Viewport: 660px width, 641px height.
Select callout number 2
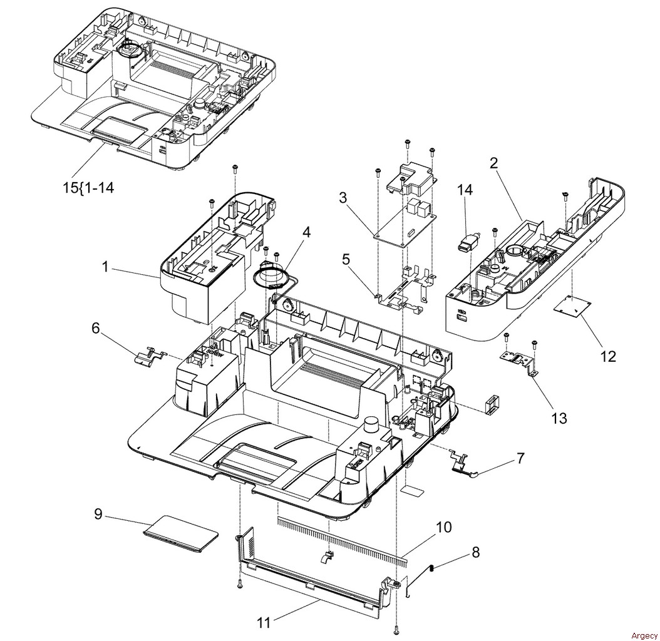[493, 163]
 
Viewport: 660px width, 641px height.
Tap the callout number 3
[344, 197]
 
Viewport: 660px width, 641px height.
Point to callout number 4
[306, 232]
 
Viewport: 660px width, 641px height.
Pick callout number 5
[346, 260]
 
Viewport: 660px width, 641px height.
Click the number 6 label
[96, 328]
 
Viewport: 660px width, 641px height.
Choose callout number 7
[521, 458]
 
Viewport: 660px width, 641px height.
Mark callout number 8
[476, 552]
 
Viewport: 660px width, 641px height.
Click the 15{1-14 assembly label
[88, 187]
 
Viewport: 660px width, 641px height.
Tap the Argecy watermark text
[644, 635]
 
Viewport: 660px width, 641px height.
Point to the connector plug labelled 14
[468, 244]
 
